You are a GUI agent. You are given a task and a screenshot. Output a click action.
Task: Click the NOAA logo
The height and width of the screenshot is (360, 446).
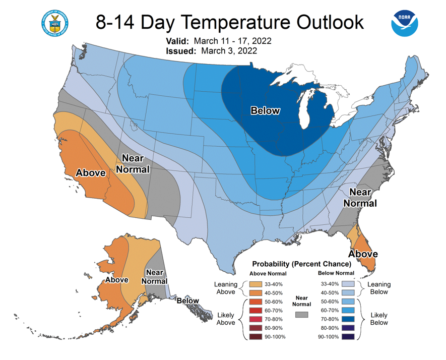coord(405,23)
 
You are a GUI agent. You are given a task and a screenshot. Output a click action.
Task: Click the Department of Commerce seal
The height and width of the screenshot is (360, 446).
coord(54,23)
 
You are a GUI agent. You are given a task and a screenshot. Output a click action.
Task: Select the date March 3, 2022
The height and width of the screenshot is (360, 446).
coord(229,51)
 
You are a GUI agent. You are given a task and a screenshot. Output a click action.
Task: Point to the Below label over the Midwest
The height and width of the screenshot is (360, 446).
coord(265,111)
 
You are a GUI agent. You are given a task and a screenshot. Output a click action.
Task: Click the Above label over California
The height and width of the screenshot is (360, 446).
coord(90,173)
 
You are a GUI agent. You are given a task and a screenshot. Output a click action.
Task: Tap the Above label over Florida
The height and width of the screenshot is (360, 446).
coord(363,254)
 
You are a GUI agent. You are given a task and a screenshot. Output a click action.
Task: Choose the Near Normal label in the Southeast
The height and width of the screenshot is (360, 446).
coord(360,198)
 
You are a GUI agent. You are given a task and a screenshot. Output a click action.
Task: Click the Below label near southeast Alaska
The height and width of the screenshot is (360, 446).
coord(188,301)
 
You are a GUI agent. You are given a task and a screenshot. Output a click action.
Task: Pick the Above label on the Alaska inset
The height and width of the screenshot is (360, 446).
coord(116,280)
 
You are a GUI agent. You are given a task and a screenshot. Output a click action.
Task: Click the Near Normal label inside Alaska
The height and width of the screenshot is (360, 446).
coord(154,277)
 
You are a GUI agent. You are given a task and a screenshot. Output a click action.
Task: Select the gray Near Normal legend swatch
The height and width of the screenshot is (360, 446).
coord(301,315)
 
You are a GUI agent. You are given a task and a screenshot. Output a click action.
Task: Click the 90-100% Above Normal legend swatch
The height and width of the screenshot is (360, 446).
coord(256,337)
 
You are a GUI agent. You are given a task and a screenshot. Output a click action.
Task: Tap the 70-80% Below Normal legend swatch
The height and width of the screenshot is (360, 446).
coord(348,319)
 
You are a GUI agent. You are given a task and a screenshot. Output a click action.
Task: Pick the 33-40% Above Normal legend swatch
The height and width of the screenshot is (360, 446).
coord(256,284)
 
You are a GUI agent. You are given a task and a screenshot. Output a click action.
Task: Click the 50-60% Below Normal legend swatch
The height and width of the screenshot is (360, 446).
coord(348,302)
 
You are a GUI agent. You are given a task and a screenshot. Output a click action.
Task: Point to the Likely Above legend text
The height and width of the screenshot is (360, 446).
coord(226,319)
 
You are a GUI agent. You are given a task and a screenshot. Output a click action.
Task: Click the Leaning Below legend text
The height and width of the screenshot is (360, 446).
coord(379,288)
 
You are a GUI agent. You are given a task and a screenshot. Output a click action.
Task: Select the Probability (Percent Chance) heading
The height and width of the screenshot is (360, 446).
coord(302,264)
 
